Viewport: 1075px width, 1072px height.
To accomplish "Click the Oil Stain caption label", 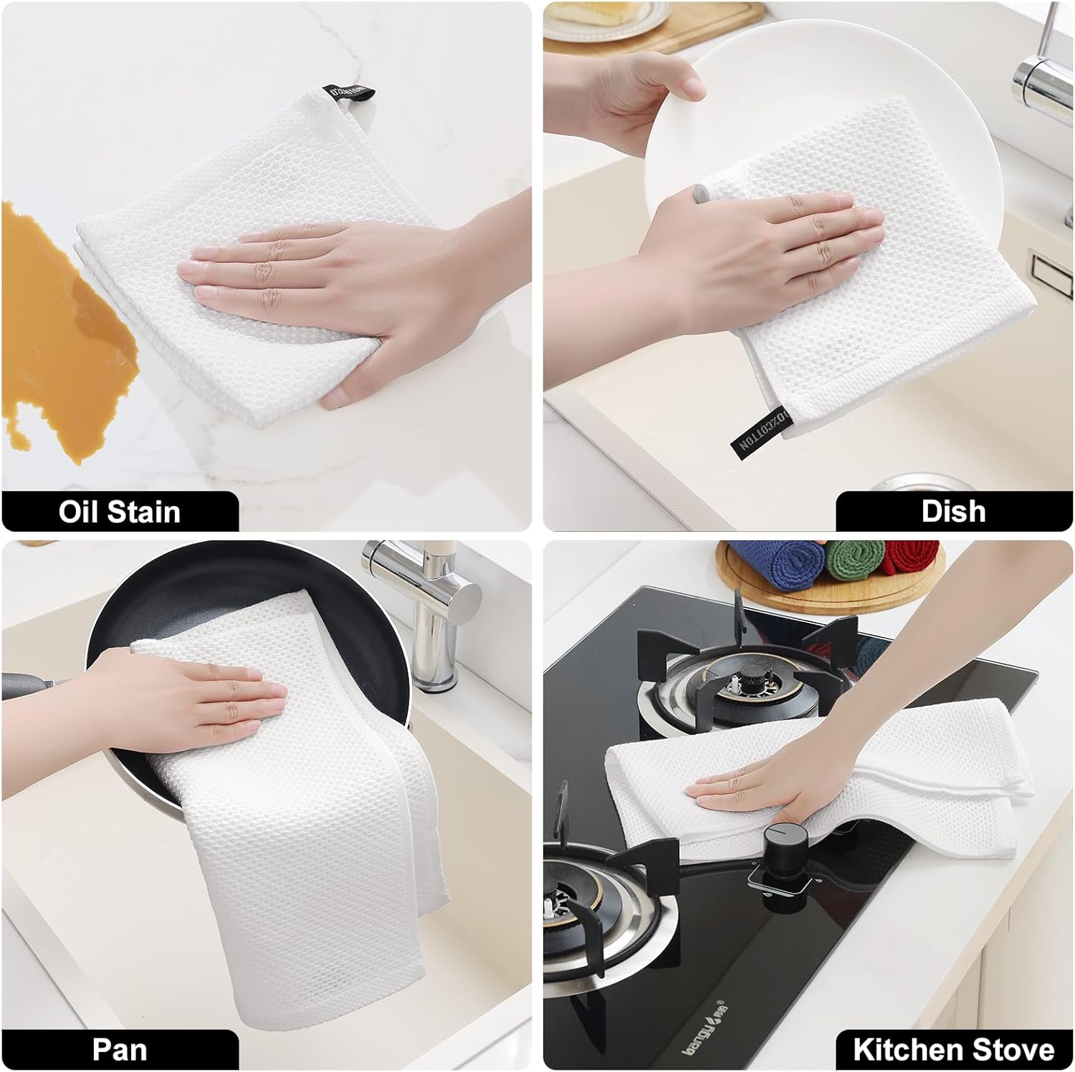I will click(x=120, y=512).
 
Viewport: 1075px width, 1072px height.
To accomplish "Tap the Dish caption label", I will click(x=953, y=511).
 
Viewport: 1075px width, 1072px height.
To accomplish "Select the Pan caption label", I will click(x=120, y=1050).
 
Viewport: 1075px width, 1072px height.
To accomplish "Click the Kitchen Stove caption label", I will click(x=953, y=1050).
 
